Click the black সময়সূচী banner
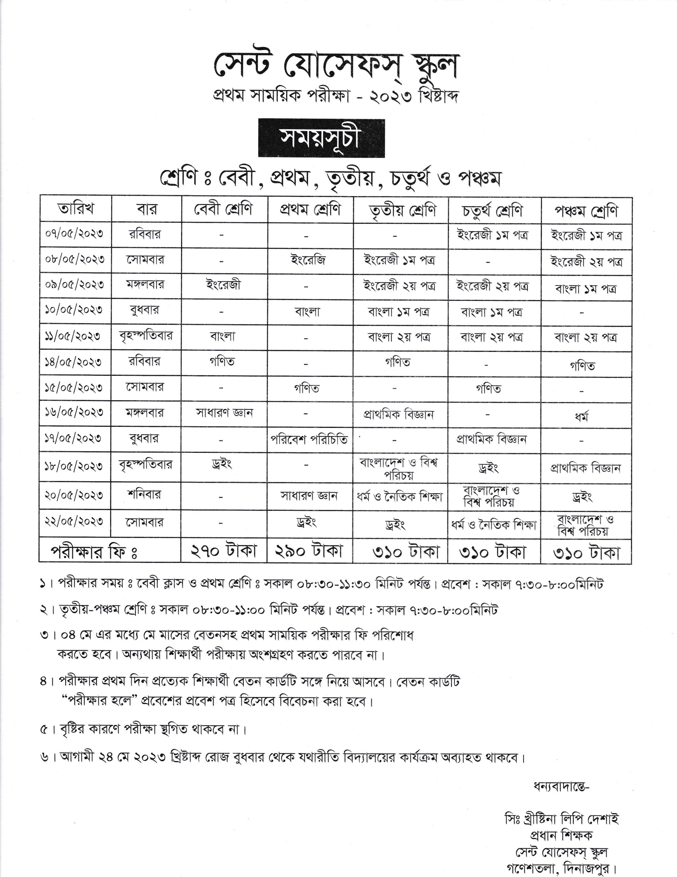click(321, 138)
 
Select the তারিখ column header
click(75, 209)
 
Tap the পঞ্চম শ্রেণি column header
click(586, 211)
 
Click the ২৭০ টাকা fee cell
click(223, 551)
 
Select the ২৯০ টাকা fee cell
click(309, 551)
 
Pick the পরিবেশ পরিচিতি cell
click(309, 440)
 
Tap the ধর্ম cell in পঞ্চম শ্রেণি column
click(582, 417)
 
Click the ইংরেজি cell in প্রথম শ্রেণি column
click(308, 260)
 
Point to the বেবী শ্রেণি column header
click(223, 209)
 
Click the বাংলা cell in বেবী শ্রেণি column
click(223, 336)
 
